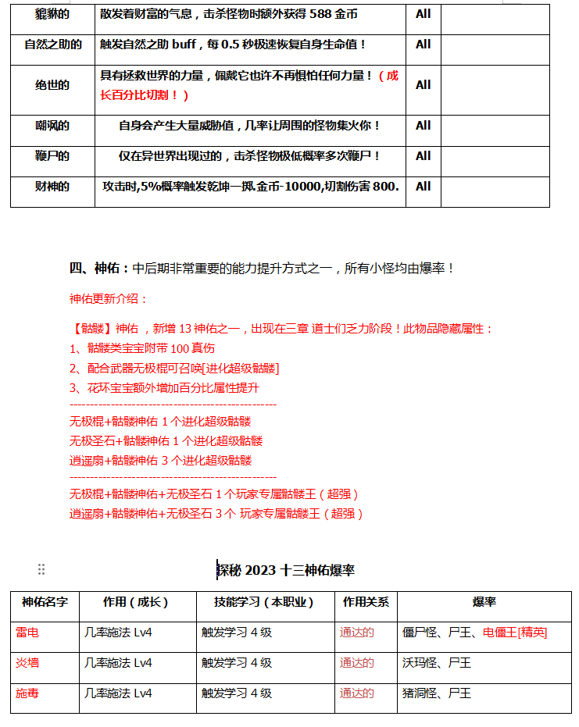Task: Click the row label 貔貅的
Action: click(52, 14)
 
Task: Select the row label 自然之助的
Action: click(52, 45)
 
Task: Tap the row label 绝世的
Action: click(52, 85)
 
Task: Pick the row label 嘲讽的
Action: click(52, 126)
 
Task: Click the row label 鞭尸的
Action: click(52, 156)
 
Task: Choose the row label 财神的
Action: click(52, 187)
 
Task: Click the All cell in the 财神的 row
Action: click(423, 187)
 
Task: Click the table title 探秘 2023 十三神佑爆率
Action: click(286, 570)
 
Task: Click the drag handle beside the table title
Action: click(41, 570)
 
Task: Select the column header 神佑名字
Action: click(45, 602)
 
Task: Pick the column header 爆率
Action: click(484, 602)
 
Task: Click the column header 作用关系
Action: click(366, 602)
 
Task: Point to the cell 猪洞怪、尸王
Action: click(437, 693)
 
